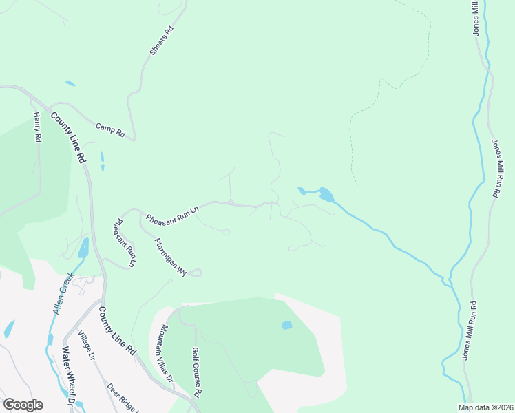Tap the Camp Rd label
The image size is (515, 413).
point(110,128)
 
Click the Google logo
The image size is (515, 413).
point(23,405)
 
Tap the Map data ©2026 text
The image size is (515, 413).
point(485,407)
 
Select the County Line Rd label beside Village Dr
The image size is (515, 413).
point(116,330)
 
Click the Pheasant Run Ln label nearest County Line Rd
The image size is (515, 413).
point(124,242)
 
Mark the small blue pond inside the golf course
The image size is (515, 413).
point(287,325)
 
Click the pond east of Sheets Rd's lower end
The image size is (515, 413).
point(103,161)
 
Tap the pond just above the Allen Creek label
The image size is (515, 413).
point(83,248)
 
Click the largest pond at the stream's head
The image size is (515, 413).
point(326,195)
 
